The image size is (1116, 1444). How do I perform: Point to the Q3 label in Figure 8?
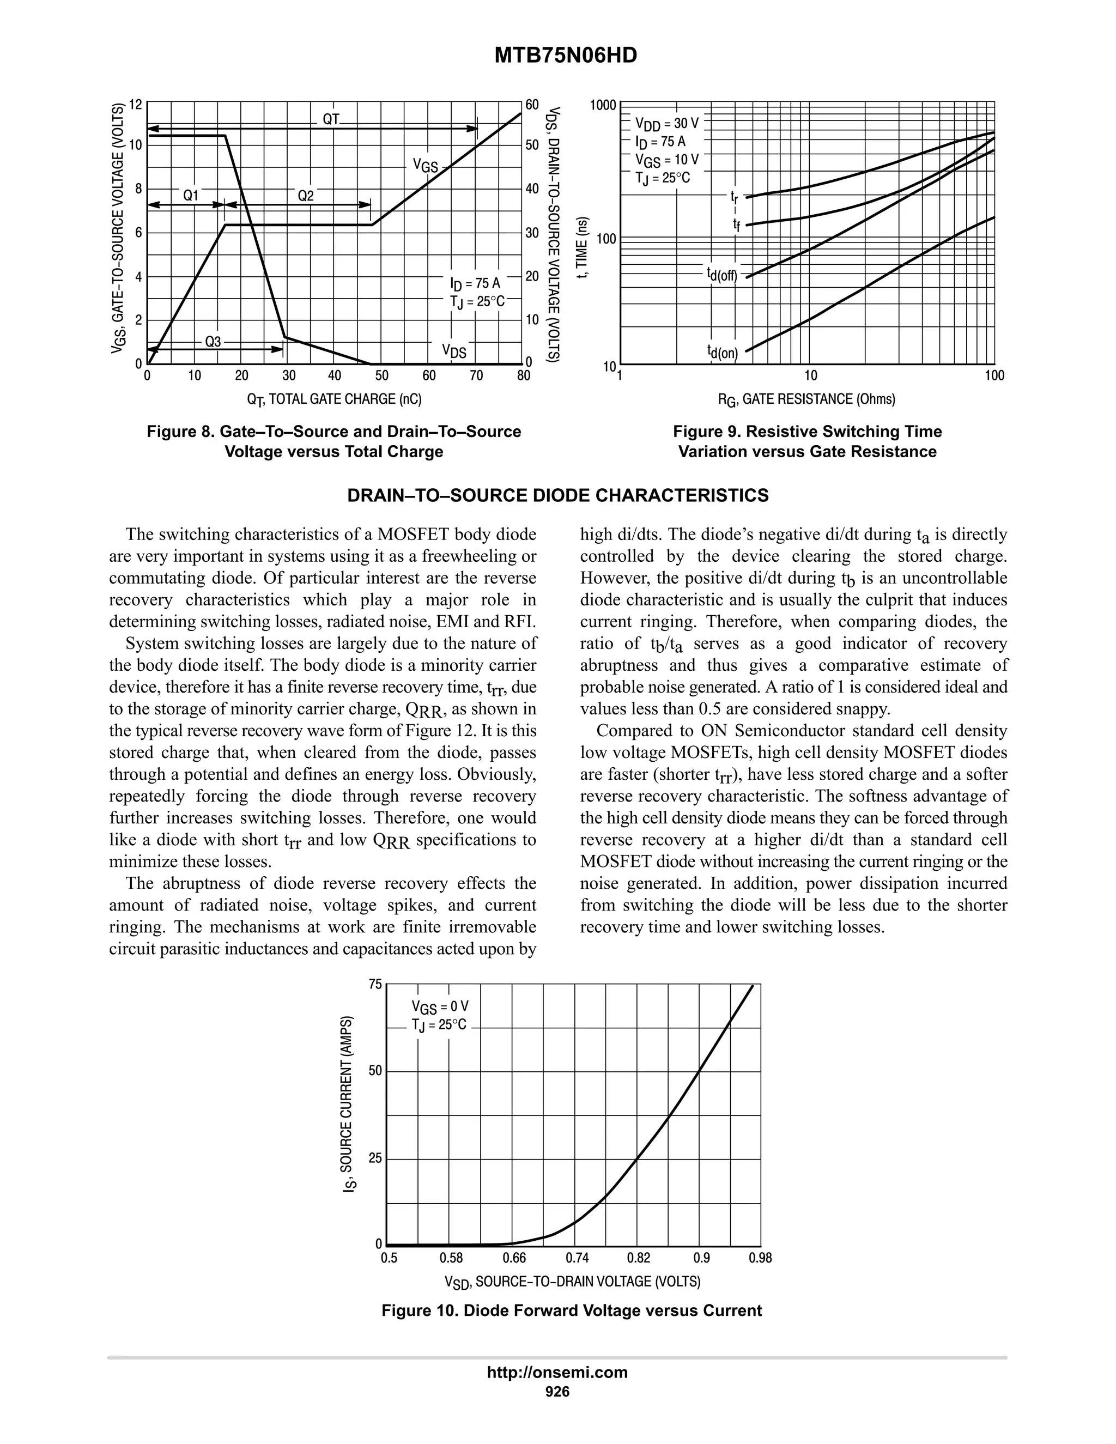(x=213, y=342)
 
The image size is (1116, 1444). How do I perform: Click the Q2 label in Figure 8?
(x=306, y=196)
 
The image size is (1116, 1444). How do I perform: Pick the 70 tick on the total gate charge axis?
(x=476, y=376)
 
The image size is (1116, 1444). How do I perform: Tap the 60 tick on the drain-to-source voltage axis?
(x=532, y=105)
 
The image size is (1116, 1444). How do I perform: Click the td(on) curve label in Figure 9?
(x=722, y=353)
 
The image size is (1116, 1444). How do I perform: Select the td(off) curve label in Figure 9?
(x=721, y=275)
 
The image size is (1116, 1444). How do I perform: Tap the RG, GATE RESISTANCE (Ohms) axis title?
(x=806, y=399)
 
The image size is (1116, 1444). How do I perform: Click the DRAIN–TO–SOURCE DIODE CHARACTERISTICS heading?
(x=558, y=496)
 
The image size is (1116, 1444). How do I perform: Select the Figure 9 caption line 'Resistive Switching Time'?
(x=807, y=432)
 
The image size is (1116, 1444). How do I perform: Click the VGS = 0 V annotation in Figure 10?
(x=440, y=1007)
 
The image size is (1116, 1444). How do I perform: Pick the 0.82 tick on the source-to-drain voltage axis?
(x=639, y=1258)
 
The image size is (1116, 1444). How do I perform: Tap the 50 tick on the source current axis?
(x=375, y=1071)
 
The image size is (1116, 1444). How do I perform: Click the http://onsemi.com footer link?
(x=557, y=1372)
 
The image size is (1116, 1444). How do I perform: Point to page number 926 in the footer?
(x=557, y=1392)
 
